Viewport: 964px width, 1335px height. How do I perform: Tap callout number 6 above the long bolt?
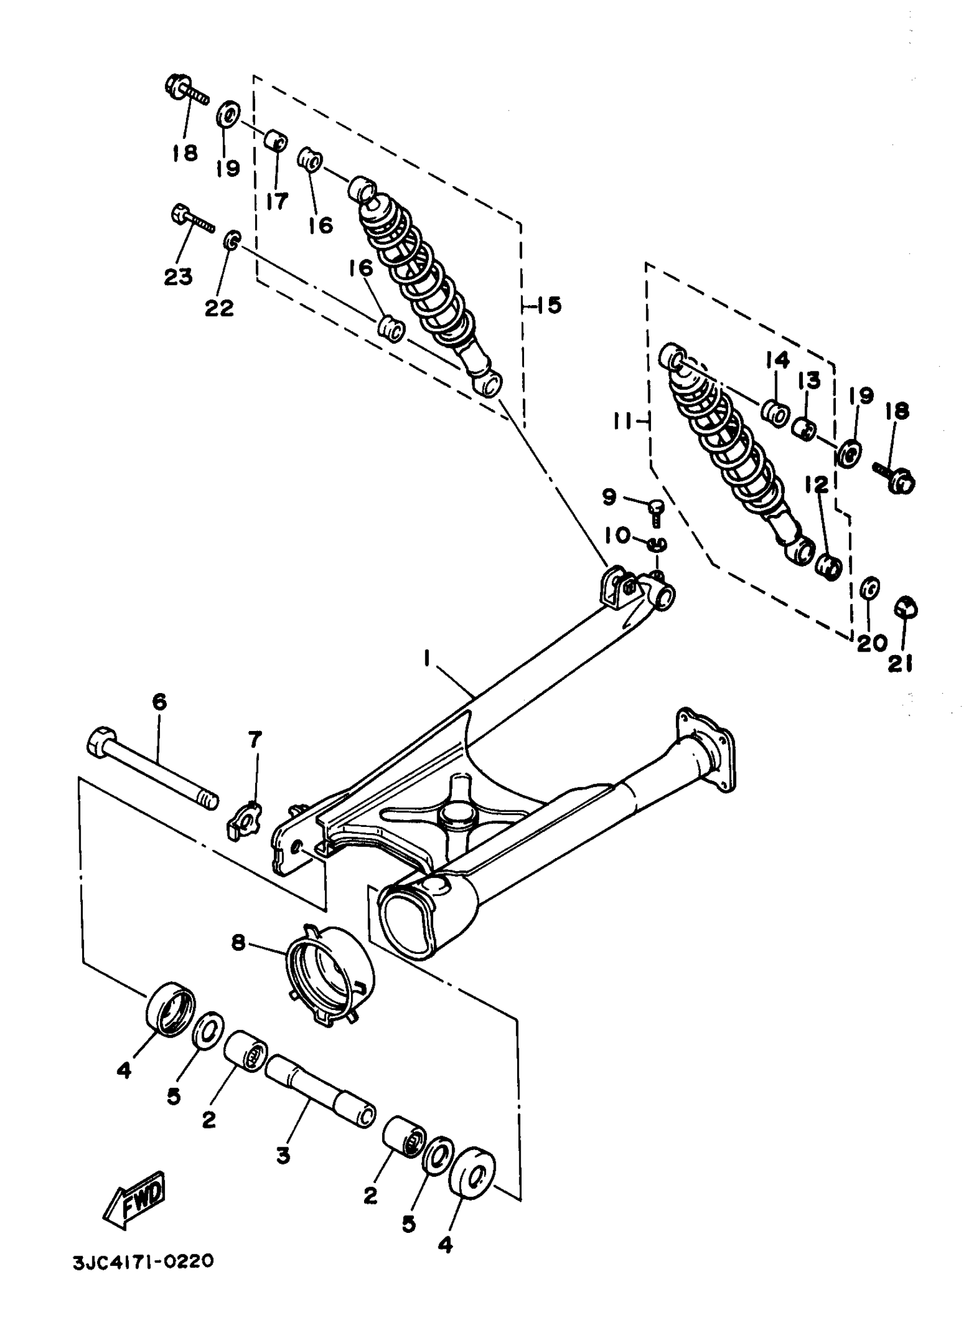click(159, 702)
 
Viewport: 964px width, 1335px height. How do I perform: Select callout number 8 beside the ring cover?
click(238, 943)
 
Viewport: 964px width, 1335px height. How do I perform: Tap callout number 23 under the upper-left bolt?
click(178, 276)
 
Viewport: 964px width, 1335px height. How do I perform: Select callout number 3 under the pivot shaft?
click(284, 1155)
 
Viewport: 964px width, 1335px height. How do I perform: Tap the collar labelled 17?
click(276, 141)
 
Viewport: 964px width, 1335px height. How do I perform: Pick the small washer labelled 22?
click(231, 240)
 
